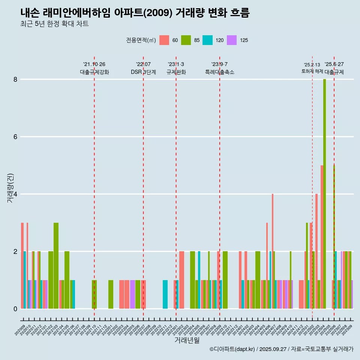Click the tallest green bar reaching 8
tap(324, 194)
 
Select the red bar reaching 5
tap(322, 237)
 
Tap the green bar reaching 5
tap(334, 237)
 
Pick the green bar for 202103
tap(56, 265)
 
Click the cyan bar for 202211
tap(165, 294)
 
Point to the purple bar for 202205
tap(132, 294)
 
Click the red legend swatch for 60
tap(164, 40)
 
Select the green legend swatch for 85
tap(186, 40)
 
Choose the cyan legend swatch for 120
tap(207, 40)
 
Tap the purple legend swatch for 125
tap(232, 40)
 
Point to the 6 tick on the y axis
tap(15, 137)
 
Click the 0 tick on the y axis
tap(15, 309)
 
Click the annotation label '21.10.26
tap(94, 64)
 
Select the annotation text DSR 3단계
tap(143, 72)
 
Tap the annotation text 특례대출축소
tap(219, 72)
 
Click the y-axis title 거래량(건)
tap(10, 187)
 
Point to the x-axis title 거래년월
tap(187, 340)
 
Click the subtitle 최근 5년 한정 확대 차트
tap(54, 24)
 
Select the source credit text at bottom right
tap(281, 349)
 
